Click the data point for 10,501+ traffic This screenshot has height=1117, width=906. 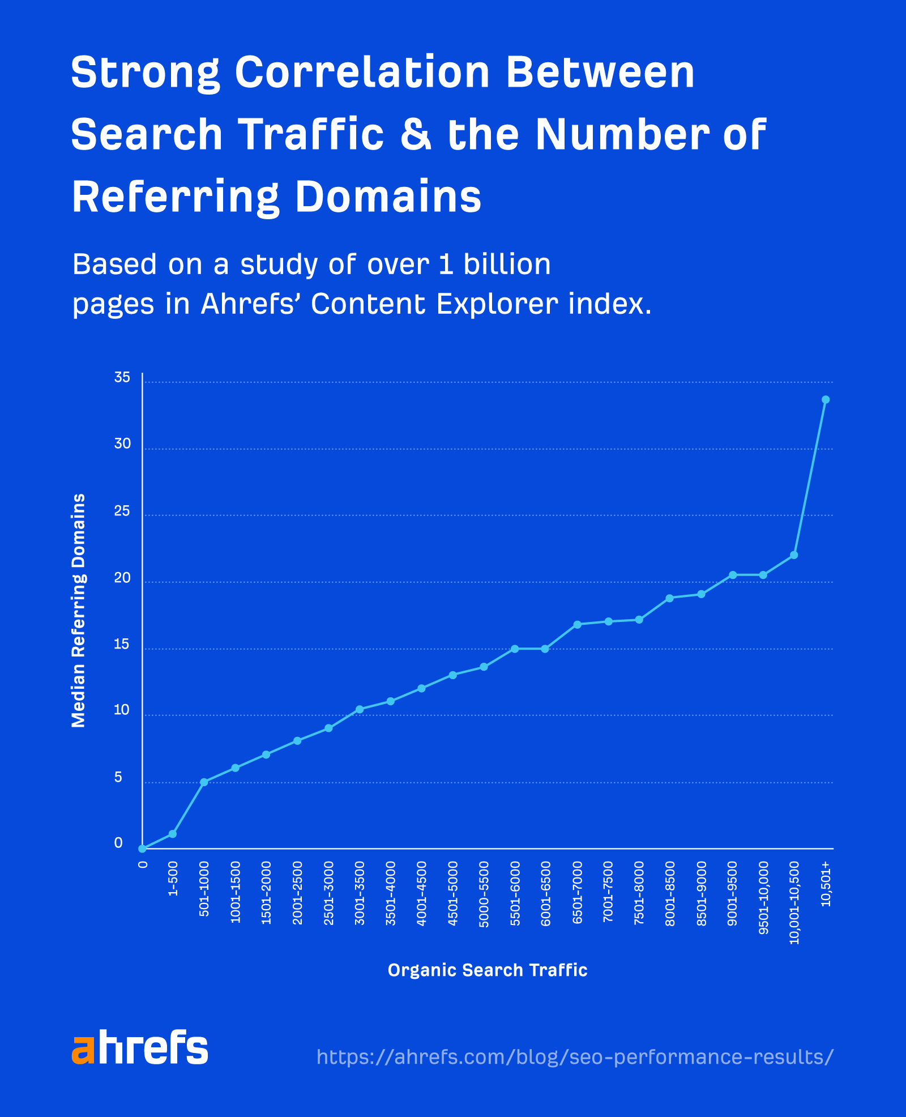(825, 399)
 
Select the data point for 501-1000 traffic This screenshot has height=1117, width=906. (204, 782)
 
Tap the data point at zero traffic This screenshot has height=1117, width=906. (143, 848)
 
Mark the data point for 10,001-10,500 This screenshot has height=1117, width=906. (793, 555)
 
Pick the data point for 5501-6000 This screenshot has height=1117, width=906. (515, 649)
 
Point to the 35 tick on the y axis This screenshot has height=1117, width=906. (122, 378)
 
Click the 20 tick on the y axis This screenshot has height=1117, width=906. (122, 578)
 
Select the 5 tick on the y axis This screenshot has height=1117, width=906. (118, 778)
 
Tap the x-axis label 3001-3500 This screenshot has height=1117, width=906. (360, 893)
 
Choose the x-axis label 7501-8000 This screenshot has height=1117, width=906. (639, 893)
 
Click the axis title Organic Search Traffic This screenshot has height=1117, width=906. (487, 970)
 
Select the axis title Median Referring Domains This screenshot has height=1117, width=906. (79, 610)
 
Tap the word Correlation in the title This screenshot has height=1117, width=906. (362, 73)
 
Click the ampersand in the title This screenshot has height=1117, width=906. (416, 135)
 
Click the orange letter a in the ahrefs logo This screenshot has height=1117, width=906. (83, 1050)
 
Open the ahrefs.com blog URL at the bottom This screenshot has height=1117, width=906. (574, 1057)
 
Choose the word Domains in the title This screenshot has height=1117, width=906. (388, 197)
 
